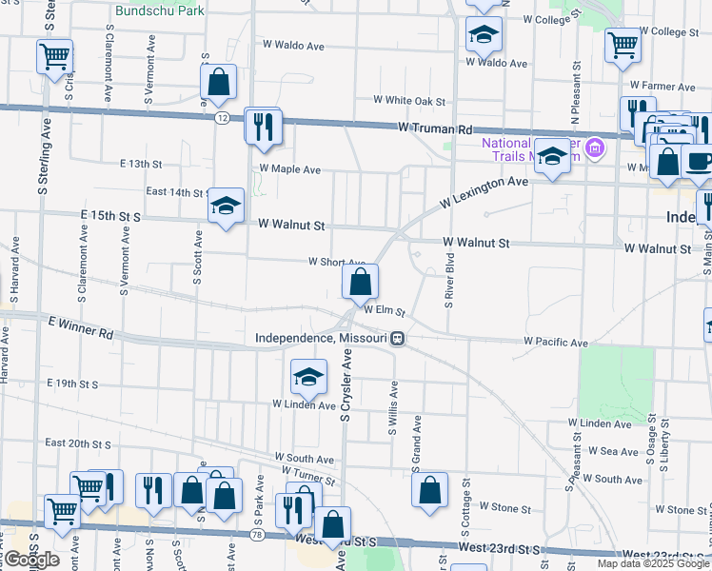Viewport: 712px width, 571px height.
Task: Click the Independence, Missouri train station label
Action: coord(322,338)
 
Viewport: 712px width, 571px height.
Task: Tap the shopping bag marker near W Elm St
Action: coord(360,282)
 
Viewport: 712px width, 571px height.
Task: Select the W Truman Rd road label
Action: coord(436,128)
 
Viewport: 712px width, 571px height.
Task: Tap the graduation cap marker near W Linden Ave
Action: coord(308,377)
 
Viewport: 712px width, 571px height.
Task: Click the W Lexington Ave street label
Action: coord(484,192)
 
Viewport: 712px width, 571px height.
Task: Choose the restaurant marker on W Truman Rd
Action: coord(263,126)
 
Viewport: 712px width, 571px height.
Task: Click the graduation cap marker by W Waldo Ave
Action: coord(484,35)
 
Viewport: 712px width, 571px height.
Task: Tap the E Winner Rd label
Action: coord(80,335)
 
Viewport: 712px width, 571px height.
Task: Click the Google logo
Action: coord(31,559)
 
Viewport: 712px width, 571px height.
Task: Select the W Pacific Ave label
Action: coord(556,342)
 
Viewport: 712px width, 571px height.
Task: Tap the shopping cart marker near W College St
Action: coord(623,44)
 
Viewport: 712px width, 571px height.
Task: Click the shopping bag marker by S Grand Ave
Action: coord(430,491)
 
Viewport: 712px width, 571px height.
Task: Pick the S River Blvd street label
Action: coord(448,281)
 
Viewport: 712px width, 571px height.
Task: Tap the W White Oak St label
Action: coord(409,100)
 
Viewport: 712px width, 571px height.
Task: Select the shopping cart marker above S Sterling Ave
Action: coord(54,56)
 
